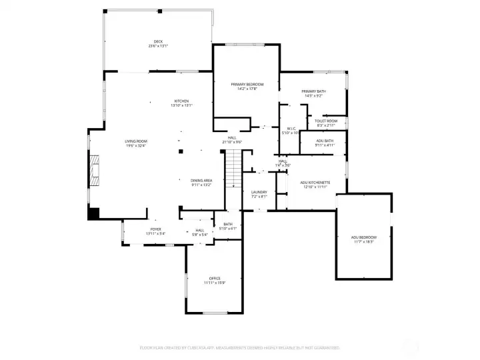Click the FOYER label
(154, 231)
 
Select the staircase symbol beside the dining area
(233, 168)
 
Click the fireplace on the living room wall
(95, 171)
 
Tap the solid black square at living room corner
(93, 213)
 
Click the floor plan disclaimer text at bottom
(240, 347)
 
